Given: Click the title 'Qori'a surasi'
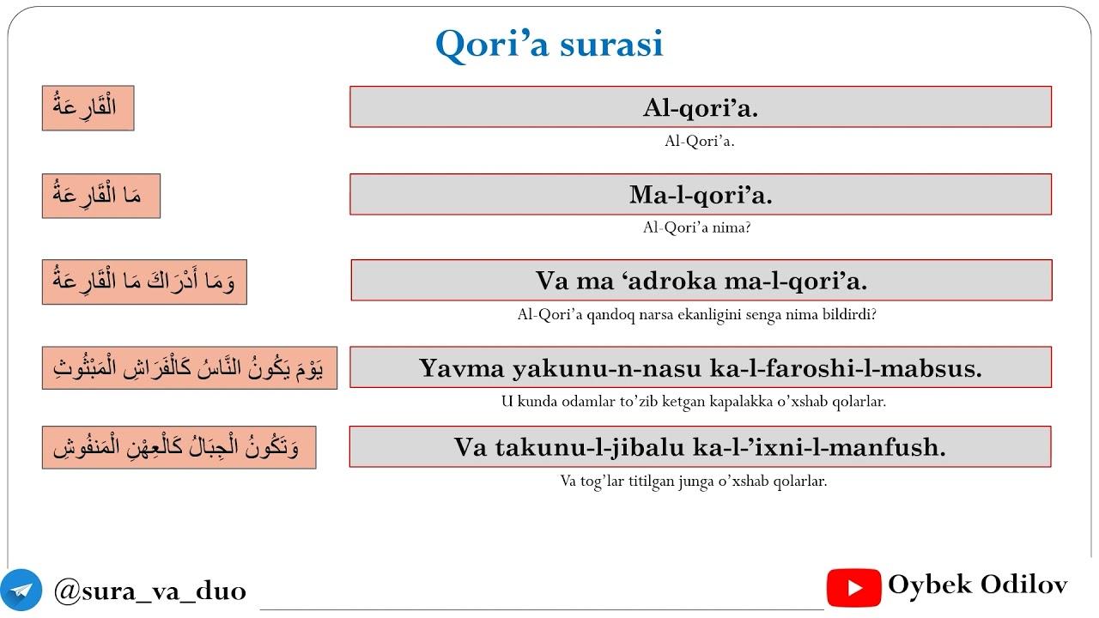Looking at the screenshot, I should coord(549,44).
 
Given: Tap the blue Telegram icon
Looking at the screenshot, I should coord(21,590).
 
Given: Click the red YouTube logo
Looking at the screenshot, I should coord(853,588).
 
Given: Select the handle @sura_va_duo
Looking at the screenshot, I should coord(150,591).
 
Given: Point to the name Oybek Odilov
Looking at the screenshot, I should coord(978,585).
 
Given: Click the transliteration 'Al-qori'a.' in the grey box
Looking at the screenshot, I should coord(701,107).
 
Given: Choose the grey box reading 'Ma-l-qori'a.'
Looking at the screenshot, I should coord(701,195).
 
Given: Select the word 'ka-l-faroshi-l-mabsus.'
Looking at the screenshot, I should coord(847,368).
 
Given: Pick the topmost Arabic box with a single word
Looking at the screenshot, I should coord(88,108).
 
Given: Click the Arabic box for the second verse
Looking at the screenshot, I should coord(100,196).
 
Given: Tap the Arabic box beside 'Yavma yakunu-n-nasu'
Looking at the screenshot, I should coord(189,368).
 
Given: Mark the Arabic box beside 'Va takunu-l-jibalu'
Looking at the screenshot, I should coord(179,447).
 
